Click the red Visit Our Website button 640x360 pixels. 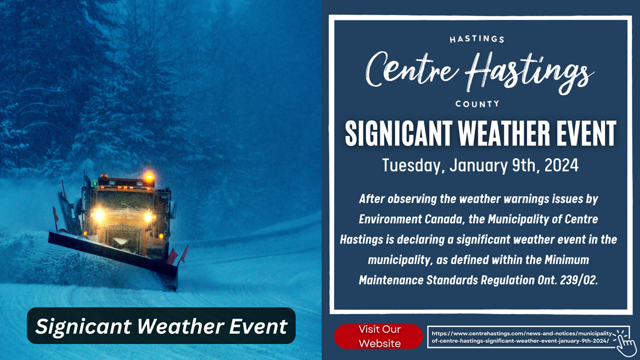click(x=379, y=336)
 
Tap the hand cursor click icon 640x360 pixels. click(x=625, y=343)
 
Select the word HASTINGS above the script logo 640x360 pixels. click(x=477, y=40)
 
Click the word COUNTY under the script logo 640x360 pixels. click(x=477, y=104)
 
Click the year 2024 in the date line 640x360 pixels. click(x=561, y=165)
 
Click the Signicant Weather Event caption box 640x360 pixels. click(x=161, y=326)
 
